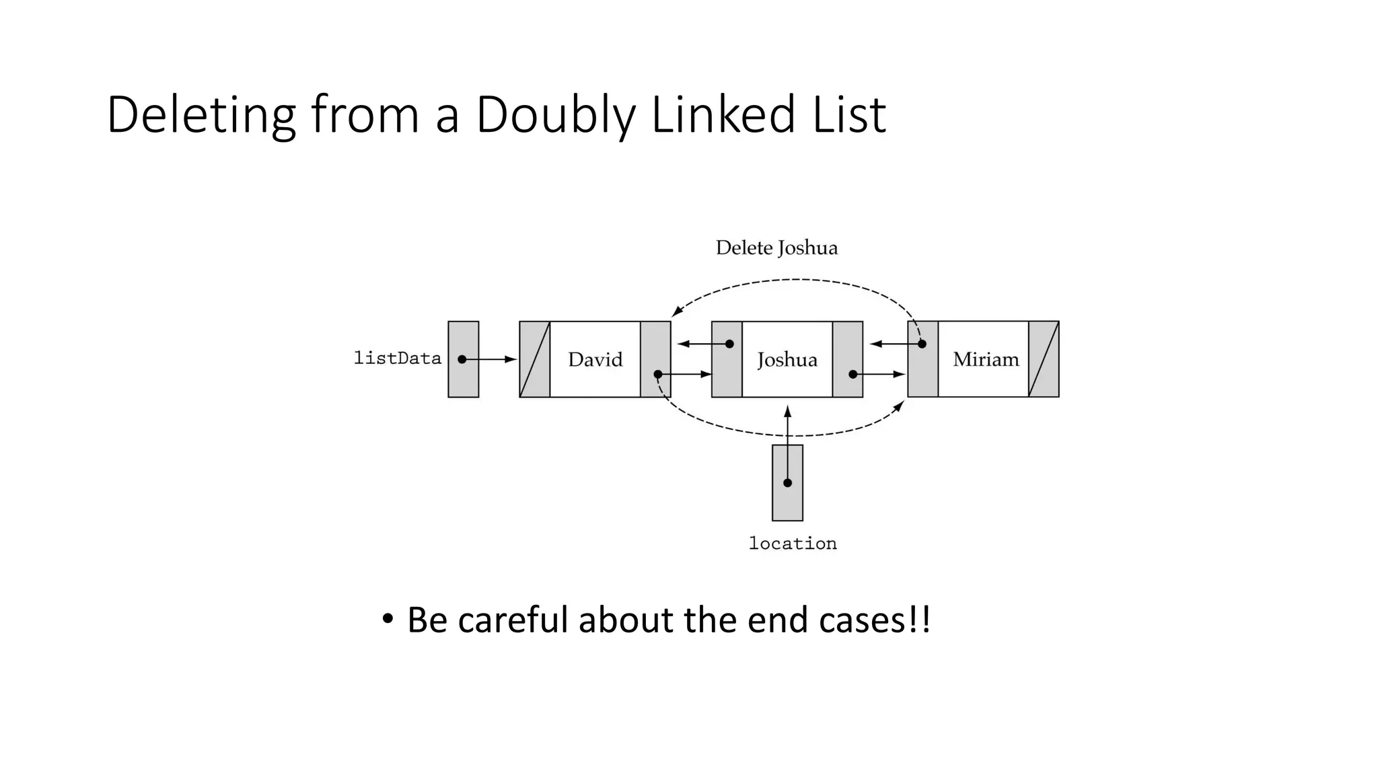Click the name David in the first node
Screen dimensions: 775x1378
coord(595,359)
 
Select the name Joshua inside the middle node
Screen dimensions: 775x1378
coord(787,359)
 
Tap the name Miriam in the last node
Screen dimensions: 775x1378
coord(986,359)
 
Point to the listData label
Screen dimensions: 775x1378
coord(397,358)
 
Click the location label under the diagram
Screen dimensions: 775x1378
coord(793,543)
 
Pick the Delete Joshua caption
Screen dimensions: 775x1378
coord(776,248)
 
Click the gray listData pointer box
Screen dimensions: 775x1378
coord(464,359)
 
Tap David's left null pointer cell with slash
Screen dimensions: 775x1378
coord(535,359)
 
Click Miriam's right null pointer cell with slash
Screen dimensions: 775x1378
coord(1044,359)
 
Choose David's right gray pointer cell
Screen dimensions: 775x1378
coord(655,359)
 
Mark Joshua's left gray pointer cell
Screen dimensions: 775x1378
coord(727,359)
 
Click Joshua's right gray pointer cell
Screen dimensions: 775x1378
coord(848,359)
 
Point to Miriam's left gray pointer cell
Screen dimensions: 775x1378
coord(922,359)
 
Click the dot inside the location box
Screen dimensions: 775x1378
coord(787,482)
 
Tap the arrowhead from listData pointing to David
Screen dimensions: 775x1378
coord(511,359)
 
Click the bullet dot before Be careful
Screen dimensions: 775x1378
coord(387,618)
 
